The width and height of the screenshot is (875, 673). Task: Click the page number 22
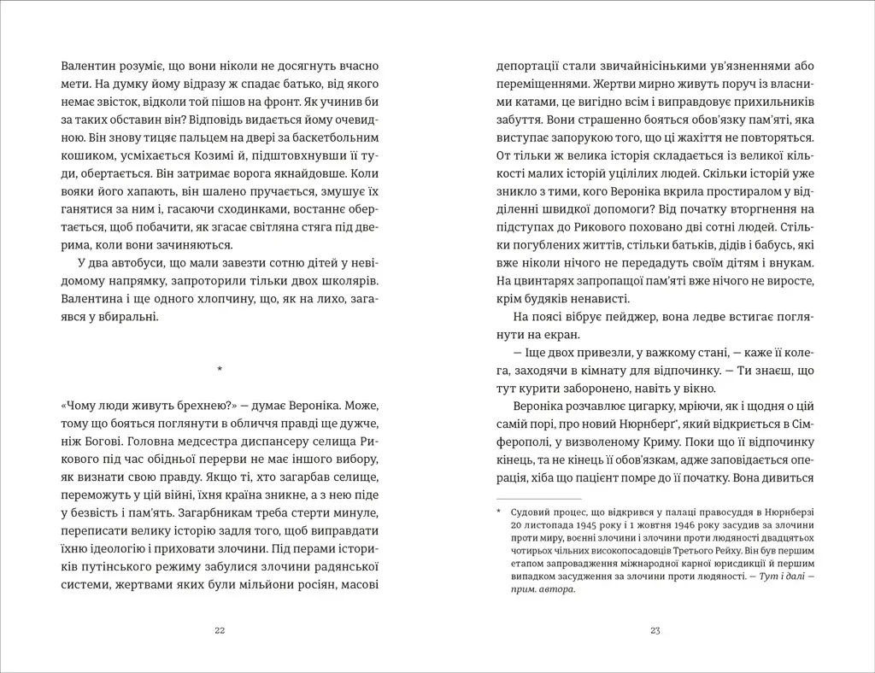(x=220, y=631)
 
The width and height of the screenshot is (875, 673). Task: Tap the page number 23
(x=655, y=631)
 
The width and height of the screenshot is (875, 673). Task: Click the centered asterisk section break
(x=220, y=369)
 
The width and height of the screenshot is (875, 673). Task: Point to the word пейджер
(x=613, y=318)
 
